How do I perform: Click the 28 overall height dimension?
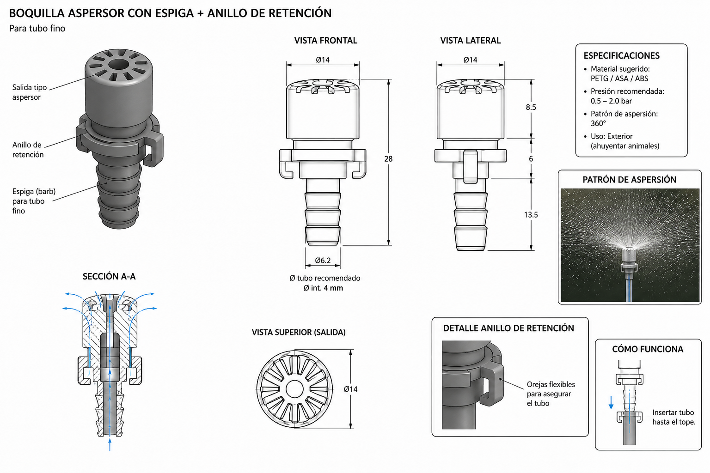pyautogui.click(x=388, y=159)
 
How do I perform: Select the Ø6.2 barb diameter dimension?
pyautogui.click(x=323, y=261)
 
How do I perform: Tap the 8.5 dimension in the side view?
pyautogui.click(x=531, y=108)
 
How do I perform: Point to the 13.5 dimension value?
pyautogui.click(x=531, y=215)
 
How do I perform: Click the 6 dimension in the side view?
pyautogui.click(x=531, y=159)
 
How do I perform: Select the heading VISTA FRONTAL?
pyautogui.click(x=325, y=41)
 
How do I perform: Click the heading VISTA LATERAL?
pyautogui.click(x=471, y=41)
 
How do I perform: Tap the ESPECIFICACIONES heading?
pyautogui.click(x=622, y=56)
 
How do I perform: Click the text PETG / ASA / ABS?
pyautogui.click(x=619, y=79)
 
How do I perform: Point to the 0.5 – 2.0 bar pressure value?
pyautogui.click(x=611, y=101)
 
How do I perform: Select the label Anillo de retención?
pyautogui.click(x=28, y=150)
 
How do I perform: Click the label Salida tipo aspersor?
pyautogui.click(x=30, y=92)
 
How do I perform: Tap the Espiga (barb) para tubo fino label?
pyautogui.click(x=34, y=201)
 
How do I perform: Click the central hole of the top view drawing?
pyautogui.click(x=294, y=389)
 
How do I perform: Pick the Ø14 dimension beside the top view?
pyautogui.click(x=350, y=389)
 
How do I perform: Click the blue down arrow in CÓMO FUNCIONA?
pyautogui.click(x=611, y=402)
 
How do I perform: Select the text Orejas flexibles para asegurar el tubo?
pyautogui.click(x=551, y=394)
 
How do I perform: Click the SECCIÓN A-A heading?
pyautogui.click(x=109, y=277)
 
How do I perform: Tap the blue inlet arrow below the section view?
pyautogui.click(x=110, y=444)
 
